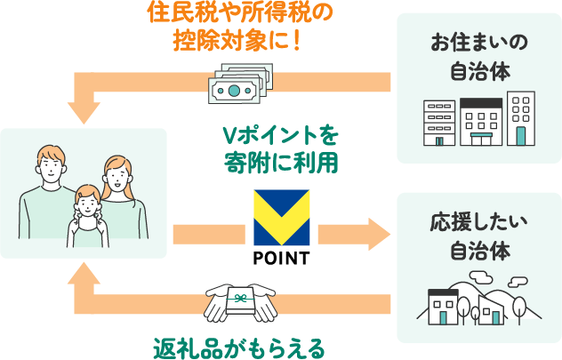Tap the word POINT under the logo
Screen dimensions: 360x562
(281, 259)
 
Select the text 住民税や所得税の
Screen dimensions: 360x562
(240, 15)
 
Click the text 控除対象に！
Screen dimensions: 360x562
(240, 42)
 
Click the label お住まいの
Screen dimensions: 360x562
(478, 42)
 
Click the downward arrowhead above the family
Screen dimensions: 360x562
(86, 110)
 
